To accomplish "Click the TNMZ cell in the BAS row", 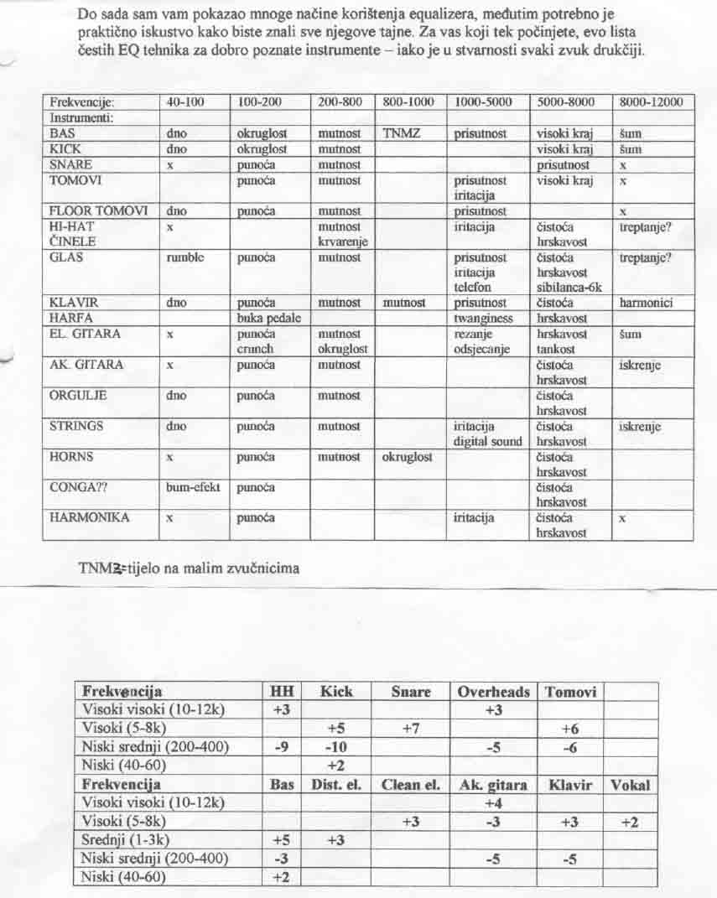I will [399, 133].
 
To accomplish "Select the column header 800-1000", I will [408, 102].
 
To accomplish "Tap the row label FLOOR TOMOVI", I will [98, 211].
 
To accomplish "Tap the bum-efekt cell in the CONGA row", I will [193, 487].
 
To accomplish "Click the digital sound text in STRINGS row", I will [487, 441].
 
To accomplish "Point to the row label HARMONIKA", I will [89, 517].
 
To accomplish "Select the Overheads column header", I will [494, 692].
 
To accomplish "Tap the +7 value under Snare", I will [410, 729].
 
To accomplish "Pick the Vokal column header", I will [631, 786].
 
